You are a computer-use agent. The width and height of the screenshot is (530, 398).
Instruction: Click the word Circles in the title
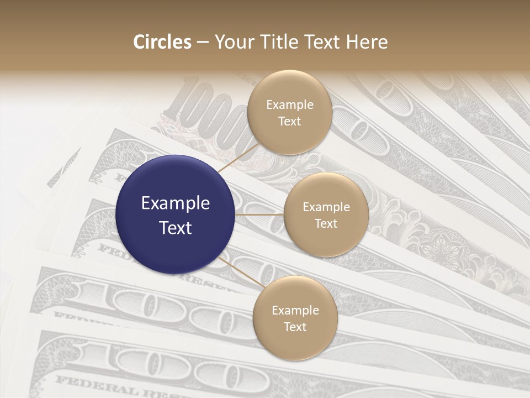click(x=162, y=42)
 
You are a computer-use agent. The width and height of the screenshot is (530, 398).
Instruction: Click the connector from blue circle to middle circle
click(x=259, y=214)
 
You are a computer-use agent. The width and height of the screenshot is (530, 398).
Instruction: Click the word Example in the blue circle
click(x=176, y=203)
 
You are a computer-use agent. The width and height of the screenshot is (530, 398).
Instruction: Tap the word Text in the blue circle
click(x=176, y=228)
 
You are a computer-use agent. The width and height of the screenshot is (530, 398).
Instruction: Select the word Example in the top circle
click(x=289, y=104)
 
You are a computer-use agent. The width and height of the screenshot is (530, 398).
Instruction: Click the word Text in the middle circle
click(x=326, y=223)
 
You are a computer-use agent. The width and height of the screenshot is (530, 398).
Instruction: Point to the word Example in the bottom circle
click(x=295, y=310)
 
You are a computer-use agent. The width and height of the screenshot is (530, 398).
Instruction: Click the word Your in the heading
click(x=234, y=42)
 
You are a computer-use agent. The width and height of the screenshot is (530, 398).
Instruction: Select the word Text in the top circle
click(x=289, y=121)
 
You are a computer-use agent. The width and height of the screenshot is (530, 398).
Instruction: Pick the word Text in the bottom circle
click(x=295, y=327)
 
